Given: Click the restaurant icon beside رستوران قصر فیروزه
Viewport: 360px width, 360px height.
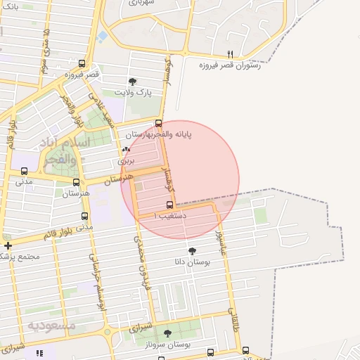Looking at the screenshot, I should click(x=230, y=54).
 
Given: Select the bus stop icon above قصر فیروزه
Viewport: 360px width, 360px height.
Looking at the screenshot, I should click(x=82, y=63).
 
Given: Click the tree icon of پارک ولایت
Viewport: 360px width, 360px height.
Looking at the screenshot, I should click(x=133, y=82).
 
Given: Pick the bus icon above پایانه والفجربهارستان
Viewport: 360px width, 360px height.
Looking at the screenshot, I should click(x=158, y=123).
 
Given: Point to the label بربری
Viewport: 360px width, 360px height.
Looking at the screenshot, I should click(x=125, y=160).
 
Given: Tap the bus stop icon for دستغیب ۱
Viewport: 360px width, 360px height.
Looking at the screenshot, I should click(x=169, y=205).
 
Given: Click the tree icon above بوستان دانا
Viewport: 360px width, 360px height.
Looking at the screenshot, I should click(x=192, y=250).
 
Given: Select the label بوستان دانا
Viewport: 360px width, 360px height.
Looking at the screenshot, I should click(x=192, y=262).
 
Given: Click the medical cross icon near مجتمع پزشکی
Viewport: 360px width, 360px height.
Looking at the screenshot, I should click(x=8, y=245).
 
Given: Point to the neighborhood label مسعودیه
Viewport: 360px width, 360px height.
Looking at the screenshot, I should click(x=51, y=326).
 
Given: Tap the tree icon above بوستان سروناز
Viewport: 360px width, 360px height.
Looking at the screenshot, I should click(x=167, y=333).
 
